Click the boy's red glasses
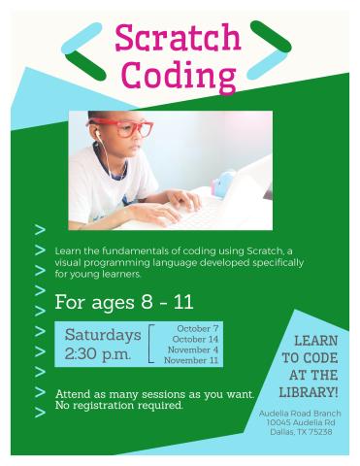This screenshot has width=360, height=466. coord(135,127)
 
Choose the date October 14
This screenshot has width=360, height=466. coord(194,339)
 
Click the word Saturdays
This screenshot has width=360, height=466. coord(102,335)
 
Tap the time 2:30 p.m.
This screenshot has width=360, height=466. coord(97,354)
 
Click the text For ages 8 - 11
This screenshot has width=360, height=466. coord(123,301)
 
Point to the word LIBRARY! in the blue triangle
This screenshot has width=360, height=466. coord(308,392)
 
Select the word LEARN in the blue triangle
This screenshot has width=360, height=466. coord(315,341)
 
